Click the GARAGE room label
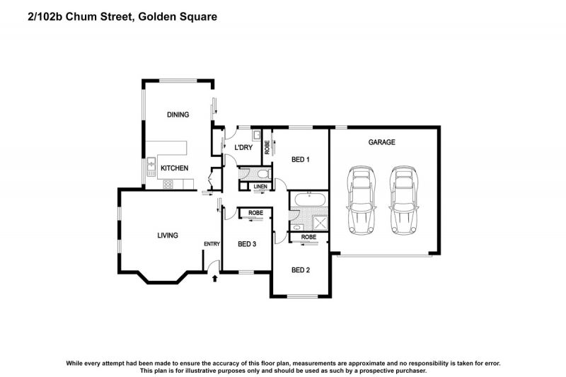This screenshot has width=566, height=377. [x=381, y=142]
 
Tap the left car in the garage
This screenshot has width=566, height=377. [x=361, y=201]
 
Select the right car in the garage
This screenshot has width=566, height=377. [x=404, y=201]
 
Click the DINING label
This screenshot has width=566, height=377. [x=178, y=115]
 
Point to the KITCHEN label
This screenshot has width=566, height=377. [x=174, y=168]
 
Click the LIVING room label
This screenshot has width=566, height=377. [x=167, y=236]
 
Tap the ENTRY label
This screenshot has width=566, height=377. [x=212, y=244]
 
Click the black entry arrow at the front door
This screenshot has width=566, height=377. [x=214, y=279]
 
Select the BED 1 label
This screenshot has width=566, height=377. [x=301, y=160]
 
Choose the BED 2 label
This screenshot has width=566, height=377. [x=301, y=269]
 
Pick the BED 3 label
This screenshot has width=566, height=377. [x=246, y=244]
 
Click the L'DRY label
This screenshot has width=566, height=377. [x=243, y=147]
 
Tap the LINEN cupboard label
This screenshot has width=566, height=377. [x=260, y=187]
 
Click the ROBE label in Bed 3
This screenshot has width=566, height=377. [x=255, y=212]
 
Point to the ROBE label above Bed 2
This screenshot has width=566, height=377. [x=308, y=237]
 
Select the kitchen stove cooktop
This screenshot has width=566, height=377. [x=168, y=185]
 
